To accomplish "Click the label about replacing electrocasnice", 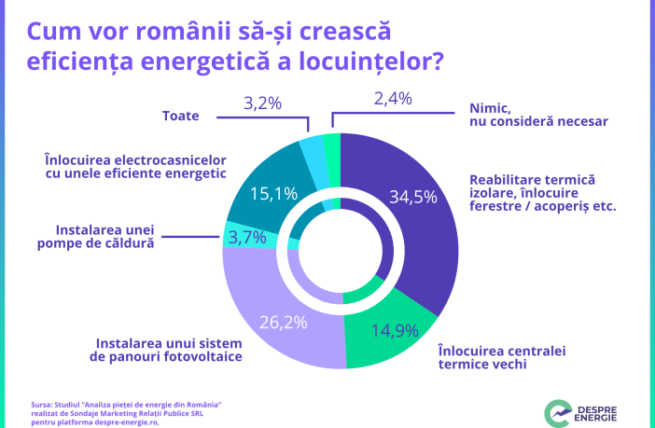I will [135, 166].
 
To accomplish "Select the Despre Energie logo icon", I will [558, 412].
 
